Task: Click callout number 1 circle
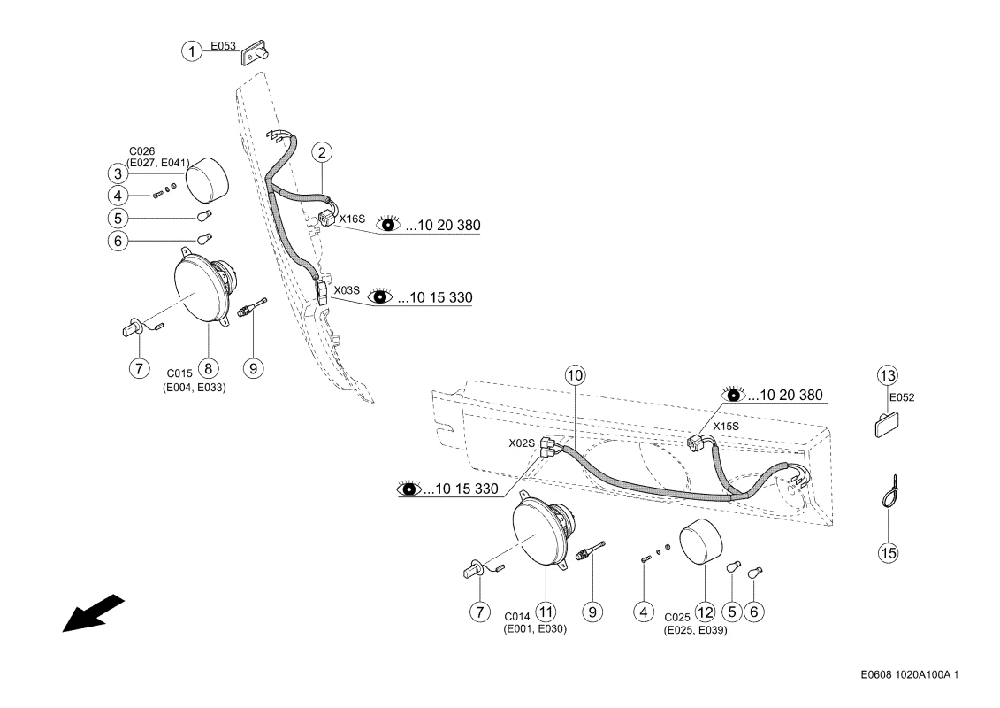[191, 50]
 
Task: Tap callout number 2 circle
[323, 153]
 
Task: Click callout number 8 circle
[208, 367]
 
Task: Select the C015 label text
[179, 373]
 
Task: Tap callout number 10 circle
[576, 375]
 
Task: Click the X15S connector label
[726, 426]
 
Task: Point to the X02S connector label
[521, 442]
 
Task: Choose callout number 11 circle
[546, 612]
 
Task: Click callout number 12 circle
[705, 611]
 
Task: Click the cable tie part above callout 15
[888, 491]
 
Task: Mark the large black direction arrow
[92, 613]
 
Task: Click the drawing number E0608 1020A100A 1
[908, 675]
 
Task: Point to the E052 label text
[902, 397]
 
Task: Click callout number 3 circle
[141, 173]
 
